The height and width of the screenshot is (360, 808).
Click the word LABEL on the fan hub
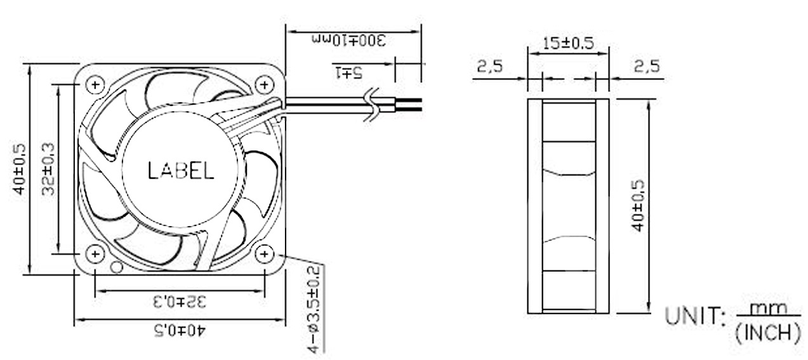click(x=180, y=171)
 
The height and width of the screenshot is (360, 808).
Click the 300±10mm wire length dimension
click(x=348, y=41)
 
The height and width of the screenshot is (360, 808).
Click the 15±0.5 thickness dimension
click(x=568, y=43)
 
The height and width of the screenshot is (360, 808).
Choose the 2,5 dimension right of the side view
click(x=646, y=66)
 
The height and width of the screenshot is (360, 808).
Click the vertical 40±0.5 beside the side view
click(x=638, y=204)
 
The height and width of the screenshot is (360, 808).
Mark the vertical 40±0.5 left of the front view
click(x=20, y=169)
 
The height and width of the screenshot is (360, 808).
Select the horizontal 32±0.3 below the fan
click(x=179, y=301)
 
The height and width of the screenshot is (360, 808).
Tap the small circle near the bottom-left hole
click(x=116, y=267)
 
